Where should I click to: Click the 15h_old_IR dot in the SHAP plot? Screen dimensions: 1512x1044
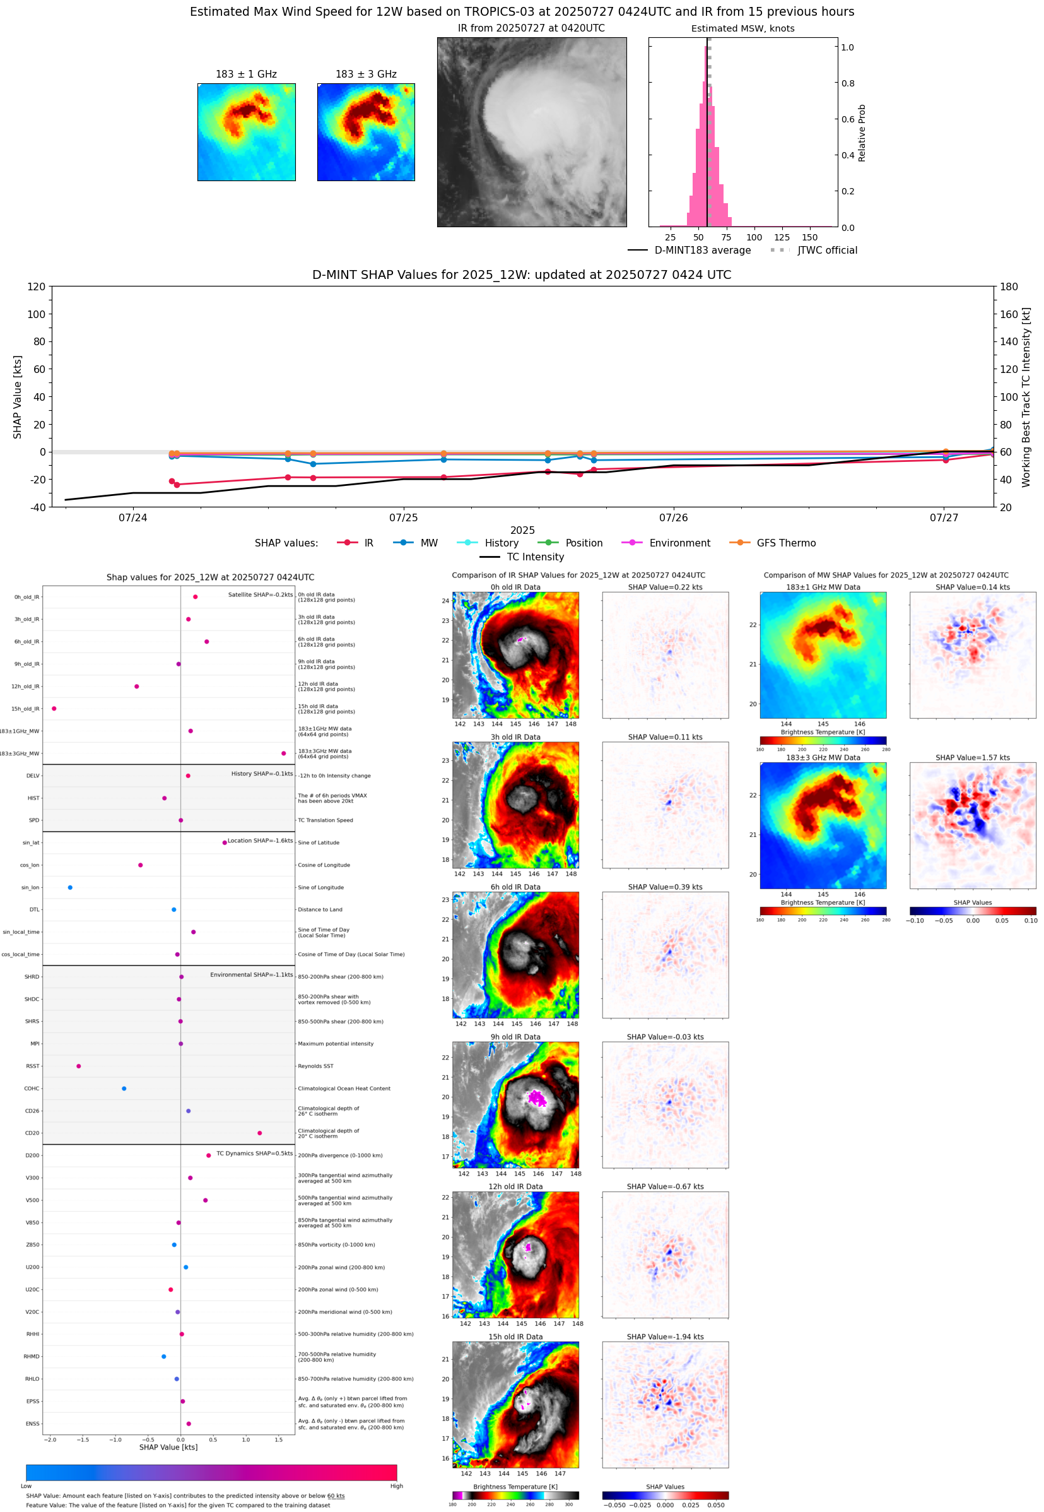point(54,709)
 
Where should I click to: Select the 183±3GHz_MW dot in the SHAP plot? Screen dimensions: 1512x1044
point(283,753)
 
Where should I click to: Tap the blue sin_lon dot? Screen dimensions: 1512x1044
point(70,887)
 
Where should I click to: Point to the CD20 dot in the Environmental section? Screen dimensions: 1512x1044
point(260,1133)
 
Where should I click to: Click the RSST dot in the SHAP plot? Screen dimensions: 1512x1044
point(78,1066)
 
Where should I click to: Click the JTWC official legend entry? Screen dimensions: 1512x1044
point(827,250)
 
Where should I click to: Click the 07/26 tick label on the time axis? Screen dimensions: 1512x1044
point(673,517)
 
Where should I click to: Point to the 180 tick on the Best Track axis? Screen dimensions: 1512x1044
point(1009,286)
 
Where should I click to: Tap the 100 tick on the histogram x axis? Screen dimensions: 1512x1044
point(754,237)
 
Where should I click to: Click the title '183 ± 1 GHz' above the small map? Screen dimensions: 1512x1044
point(246,74)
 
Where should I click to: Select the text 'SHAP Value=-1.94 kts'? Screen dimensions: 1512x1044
point(665,1337)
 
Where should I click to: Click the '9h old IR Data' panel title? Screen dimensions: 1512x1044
point(515,1037)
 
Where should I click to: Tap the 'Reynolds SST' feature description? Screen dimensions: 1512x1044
point(315,1066)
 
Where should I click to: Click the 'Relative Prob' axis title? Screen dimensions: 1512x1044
point(862,133)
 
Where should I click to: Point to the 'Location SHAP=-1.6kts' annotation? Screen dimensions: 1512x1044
point(260,841)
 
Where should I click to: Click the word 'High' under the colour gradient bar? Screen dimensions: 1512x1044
point(396,1486)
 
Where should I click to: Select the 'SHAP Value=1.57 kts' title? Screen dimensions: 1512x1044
point(972,758)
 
